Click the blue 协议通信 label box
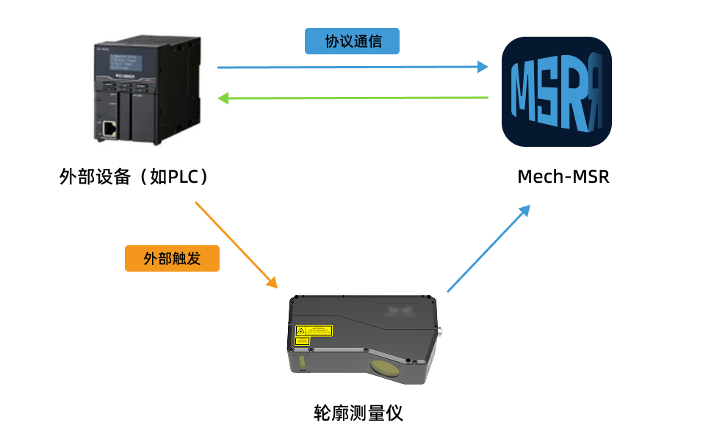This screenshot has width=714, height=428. pos(352,41)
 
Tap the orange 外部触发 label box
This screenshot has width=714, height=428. pos(172,258)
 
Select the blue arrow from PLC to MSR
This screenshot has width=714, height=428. pos(353,67)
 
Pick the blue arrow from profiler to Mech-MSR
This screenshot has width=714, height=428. pos(488,249)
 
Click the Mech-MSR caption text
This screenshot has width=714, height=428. pos(563,177)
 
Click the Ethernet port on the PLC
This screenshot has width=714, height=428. pos(109,128)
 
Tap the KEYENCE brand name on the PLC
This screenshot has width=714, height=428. pos(126,76)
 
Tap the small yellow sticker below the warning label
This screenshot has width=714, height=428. pos(302,341)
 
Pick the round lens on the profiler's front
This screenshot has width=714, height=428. pos(385,369)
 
